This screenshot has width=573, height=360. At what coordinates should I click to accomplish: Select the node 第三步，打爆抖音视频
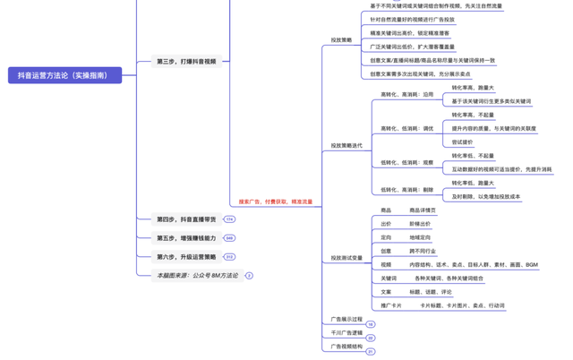[186, 62]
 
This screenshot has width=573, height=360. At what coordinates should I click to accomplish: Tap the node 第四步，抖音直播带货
[186, 219]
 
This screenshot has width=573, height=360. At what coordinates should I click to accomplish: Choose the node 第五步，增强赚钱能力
[186, 238]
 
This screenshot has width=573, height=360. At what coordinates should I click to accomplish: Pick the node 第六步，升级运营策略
[186, 257]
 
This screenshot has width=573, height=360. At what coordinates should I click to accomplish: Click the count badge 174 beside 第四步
[229, 219]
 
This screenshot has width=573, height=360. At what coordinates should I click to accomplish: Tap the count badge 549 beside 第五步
[229, 238]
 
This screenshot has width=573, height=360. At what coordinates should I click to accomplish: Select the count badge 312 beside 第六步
[229, 257]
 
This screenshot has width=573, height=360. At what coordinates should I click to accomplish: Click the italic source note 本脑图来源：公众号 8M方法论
[197, 276]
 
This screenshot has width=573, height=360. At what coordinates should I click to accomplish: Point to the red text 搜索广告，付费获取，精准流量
[275, 201]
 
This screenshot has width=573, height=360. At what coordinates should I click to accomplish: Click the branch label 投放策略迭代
[346, 145]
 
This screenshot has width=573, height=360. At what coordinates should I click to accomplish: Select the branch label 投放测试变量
[346, 258]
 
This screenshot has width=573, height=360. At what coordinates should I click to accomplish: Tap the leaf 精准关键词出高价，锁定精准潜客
[410, 32]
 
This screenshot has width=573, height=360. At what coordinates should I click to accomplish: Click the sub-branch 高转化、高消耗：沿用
[406, 94]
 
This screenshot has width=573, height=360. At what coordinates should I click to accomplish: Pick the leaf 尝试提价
[463, 141]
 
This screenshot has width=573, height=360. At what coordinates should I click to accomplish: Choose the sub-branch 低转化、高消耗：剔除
[406, 189]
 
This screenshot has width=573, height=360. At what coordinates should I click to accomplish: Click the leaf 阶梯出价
[420, 224]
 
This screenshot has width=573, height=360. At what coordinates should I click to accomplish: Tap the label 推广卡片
[391, 305]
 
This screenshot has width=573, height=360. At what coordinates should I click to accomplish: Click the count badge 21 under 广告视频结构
[371, 352]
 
